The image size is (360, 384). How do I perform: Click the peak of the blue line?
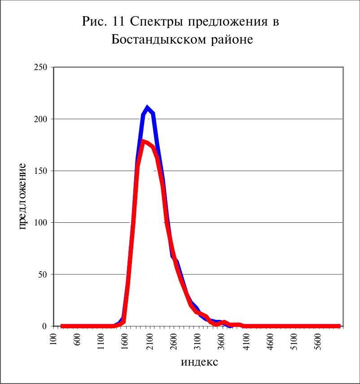tap(147, 107)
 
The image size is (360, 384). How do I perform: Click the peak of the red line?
tap(143, 141)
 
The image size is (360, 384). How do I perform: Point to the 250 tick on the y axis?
tap(41, 67)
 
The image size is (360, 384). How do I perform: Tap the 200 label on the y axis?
tap(41, 119)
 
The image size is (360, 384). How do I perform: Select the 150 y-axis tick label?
tap(41, 171)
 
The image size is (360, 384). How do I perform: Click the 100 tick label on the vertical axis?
tap(41, 223)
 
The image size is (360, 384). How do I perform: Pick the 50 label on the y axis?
tap(43, 274)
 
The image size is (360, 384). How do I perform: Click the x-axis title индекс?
tap(199, 362)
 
